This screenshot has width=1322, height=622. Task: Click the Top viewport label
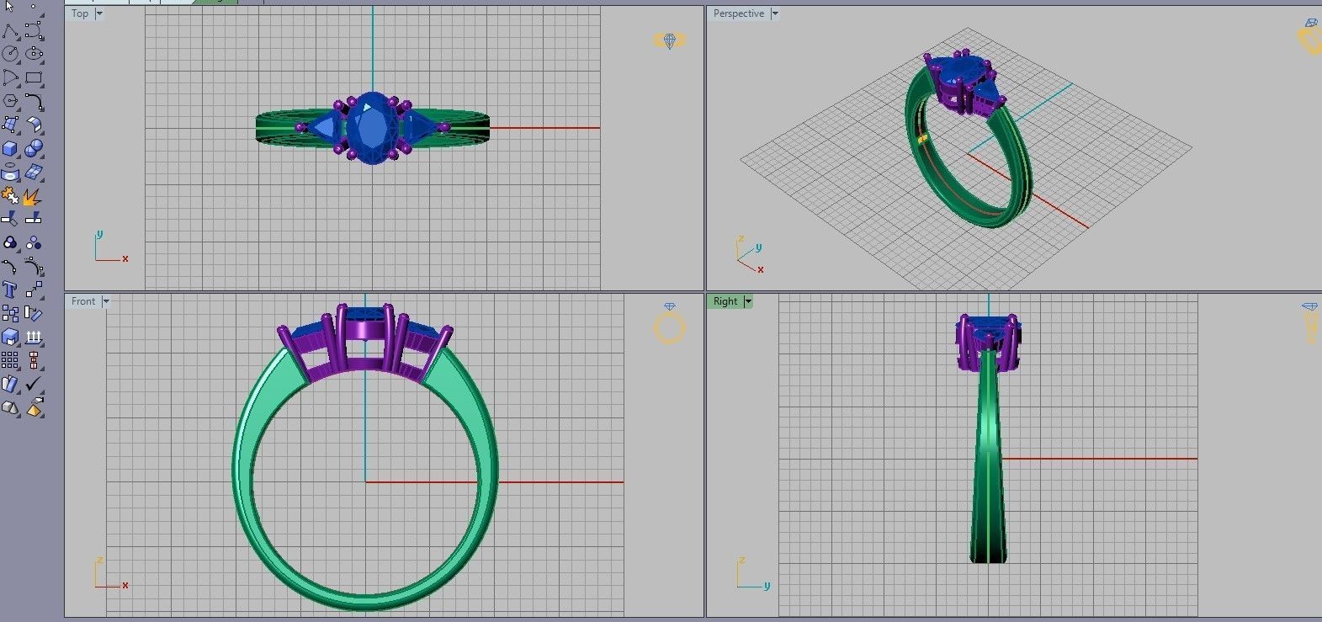(x=80, y=13)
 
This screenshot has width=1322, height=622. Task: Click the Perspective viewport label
(x=738, y=13)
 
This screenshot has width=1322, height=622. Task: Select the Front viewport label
(x=82, y=301)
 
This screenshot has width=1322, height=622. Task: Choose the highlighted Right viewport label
(x=725, y=301)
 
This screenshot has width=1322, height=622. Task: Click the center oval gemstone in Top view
(x=372, y=128)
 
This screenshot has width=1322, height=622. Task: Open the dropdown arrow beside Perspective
(x=775, y=13)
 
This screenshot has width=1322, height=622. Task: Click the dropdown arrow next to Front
(x=106, y=301)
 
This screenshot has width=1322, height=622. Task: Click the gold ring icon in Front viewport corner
(x=670, y=328)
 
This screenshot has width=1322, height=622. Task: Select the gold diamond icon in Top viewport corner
(x=670, y=40)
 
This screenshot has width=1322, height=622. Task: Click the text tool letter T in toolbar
(x=9, y=290)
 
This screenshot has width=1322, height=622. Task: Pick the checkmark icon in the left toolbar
(x=33, y=384)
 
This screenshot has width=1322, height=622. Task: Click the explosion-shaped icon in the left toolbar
(x=32, y=198)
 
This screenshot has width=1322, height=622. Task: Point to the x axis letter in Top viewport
(x=125, y=259)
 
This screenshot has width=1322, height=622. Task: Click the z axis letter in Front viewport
(x=99, y=560)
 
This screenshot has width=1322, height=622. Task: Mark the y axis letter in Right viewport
(x=767, y=586)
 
